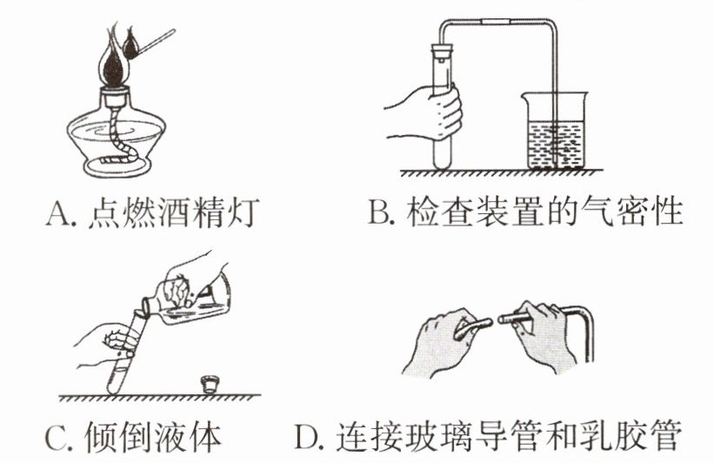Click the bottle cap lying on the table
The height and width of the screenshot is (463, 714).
tap(209, 382)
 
